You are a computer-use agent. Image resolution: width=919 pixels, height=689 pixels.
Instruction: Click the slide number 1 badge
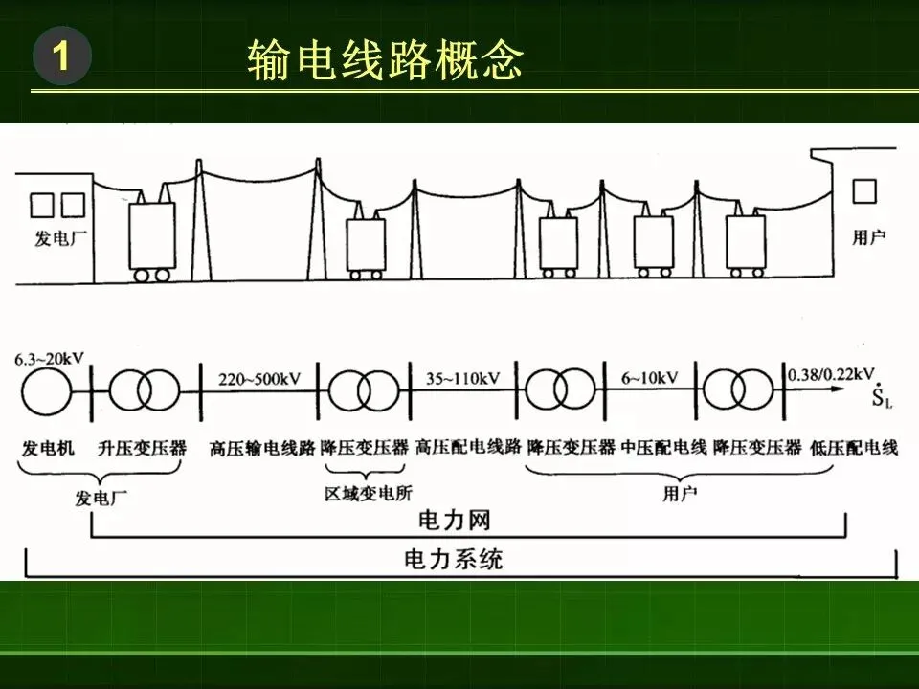[x=61, y=58]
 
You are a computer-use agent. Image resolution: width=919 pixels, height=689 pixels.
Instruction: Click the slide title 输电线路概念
[x=385, y=61]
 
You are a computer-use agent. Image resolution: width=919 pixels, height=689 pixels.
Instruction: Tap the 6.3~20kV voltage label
[x=49, y=359]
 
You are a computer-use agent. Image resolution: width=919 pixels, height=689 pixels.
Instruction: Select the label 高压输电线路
[x=262, y=447]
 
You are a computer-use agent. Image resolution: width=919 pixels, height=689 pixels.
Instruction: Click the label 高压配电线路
[x=467, y=447]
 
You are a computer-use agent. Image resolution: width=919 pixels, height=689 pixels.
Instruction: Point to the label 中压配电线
[x=663, y=447]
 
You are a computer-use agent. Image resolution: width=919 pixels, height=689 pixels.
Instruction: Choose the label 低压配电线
[x=853, y=447]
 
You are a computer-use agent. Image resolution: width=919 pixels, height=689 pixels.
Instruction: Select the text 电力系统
[x=454, y=559]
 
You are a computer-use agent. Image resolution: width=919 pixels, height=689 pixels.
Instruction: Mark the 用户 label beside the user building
[x=868, y=237]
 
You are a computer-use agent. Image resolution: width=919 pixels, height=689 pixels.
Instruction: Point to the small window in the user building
[x=863, y=192]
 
